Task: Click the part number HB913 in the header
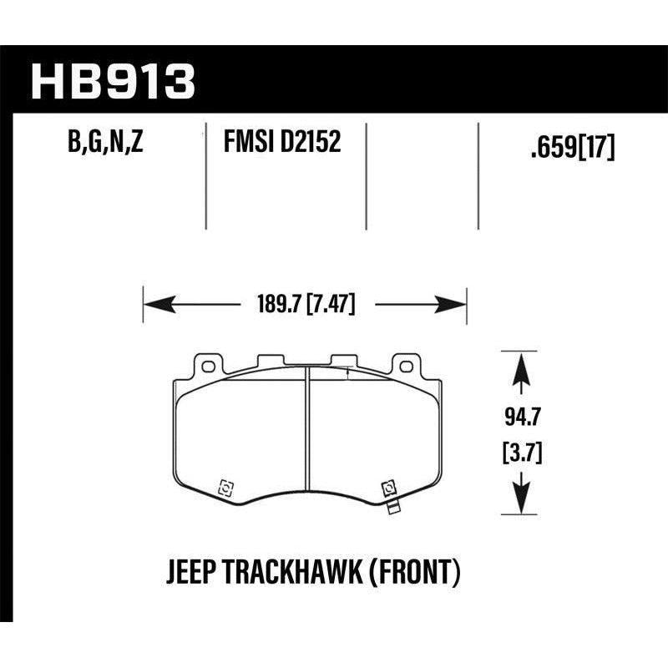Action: pos(113,80)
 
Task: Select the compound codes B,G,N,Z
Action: pos(105,144)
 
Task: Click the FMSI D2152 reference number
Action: pos(281,144)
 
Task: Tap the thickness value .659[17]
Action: pos(573,148)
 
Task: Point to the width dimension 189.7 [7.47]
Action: pos(304,306)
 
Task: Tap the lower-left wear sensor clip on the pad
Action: pos(224,488)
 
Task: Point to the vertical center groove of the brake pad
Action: pos(306,434)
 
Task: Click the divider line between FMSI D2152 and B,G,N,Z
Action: pos(206,175)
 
